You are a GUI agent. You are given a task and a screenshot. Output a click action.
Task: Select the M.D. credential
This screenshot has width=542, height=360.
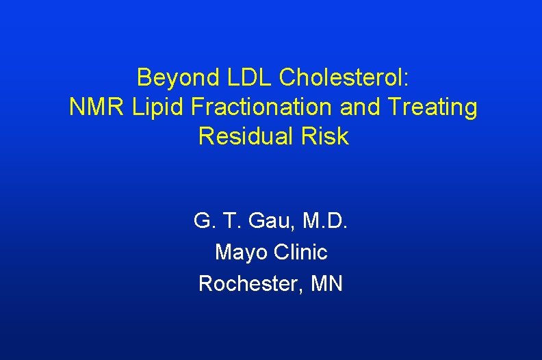click(324, 222)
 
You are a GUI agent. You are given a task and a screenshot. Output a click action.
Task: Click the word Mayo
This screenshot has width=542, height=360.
click(240, 252)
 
